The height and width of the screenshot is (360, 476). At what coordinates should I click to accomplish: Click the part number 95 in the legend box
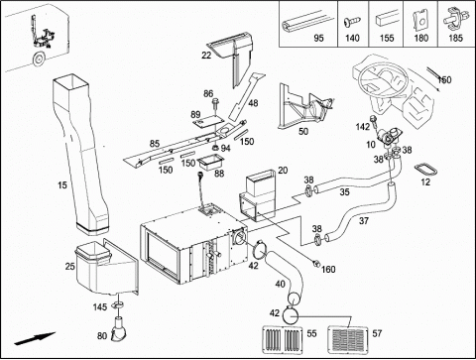click(318, 38)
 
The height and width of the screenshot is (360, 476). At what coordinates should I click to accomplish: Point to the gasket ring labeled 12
click(425, 170)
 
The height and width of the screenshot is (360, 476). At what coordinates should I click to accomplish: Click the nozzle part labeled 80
click(117, 329)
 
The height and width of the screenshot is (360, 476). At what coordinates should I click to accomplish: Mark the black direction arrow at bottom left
click(35, 339)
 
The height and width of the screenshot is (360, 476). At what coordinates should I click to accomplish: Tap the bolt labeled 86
click(216, 105)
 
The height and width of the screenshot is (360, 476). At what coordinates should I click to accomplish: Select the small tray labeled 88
click(210, 164)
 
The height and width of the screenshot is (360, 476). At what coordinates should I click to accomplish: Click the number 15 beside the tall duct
click(62, 185)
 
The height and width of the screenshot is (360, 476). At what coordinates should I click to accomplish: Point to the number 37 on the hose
click(364, 220)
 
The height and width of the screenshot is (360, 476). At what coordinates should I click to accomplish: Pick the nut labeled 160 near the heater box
click(316, 264)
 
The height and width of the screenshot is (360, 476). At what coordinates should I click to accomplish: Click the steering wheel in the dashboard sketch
click(381, 79)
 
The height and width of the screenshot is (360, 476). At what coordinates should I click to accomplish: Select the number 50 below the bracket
click(303, 131)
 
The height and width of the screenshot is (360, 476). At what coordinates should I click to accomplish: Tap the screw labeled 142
click(375, 121)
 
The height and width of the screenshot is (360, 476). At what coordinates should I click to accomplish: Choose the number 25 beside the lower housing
click(69, 266)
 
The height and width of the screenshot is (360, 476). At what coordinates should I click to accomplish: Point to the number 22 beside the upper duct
click(206, 56)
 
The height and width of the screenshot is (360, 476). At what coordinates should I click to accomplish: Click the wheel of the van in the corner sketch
click(38, 60)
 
